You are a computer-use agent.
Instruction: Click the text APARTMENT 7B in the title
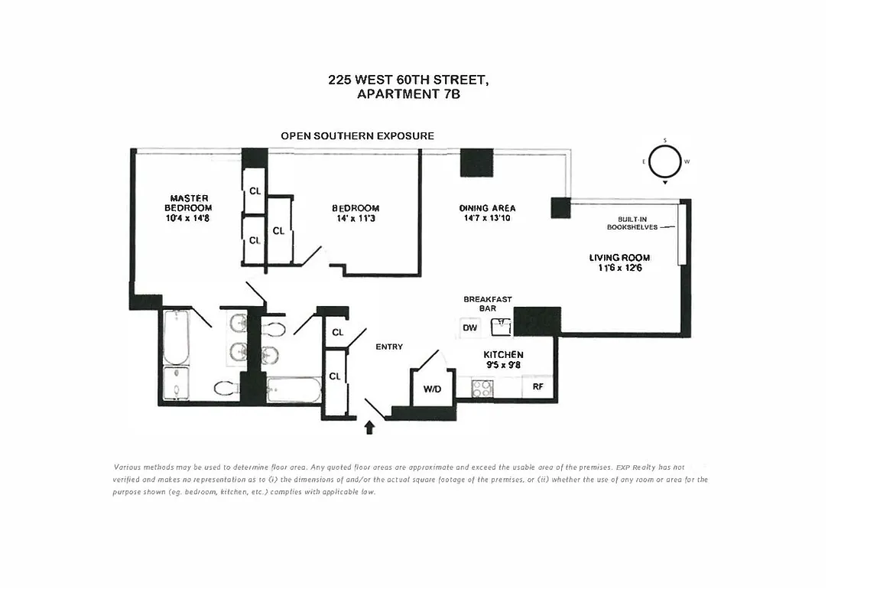[x=408, y=95]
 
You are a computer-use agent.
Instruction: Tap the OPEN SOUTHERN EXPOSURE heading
[x=357, y=135]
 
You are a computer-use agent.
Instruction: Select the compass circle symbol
[x=665, y=161]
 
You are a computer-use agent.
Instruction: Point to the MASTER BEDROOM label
[x=190, y=203]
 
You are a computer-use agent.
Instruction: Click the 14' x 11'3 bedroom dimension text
[x=355, y=219]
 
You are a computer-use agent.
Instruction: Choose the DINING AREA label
[x=487, y=208]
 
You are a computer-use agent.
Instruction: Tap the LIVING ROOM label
[x=619, y=258]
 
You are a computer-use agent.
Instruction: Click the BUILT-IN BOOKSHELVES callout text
[x=632, y=223]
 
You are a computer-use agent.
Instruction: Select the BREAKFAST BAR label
[x=487, y=304]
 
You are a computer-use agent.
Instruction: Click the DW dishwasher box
[x=470, y=328]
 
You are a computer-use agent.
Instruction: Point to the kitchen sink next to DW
[x=501, y=327]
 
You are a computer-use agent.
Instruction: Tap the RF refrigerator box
[x=537, y=387]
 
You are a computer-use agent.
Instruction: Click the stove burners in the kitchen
[x=482, y=389]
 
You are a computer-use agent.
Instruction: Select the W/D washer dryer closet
[x=432, y=389]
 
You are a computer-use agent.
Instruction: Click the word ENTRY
[x=388, y=347]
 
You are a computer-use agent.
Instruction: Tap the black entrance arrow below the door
[x=370, y=427]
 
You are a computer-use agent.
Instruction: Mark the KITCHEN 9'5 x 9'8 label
[x=503, y=360]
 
